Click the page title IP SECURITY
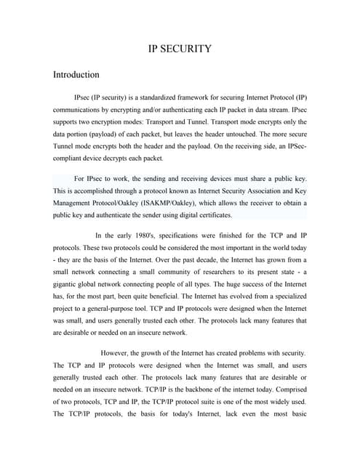tap(180, 49)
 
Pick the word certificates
tap(212, 215)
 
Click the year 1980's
tap(148, 235)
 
